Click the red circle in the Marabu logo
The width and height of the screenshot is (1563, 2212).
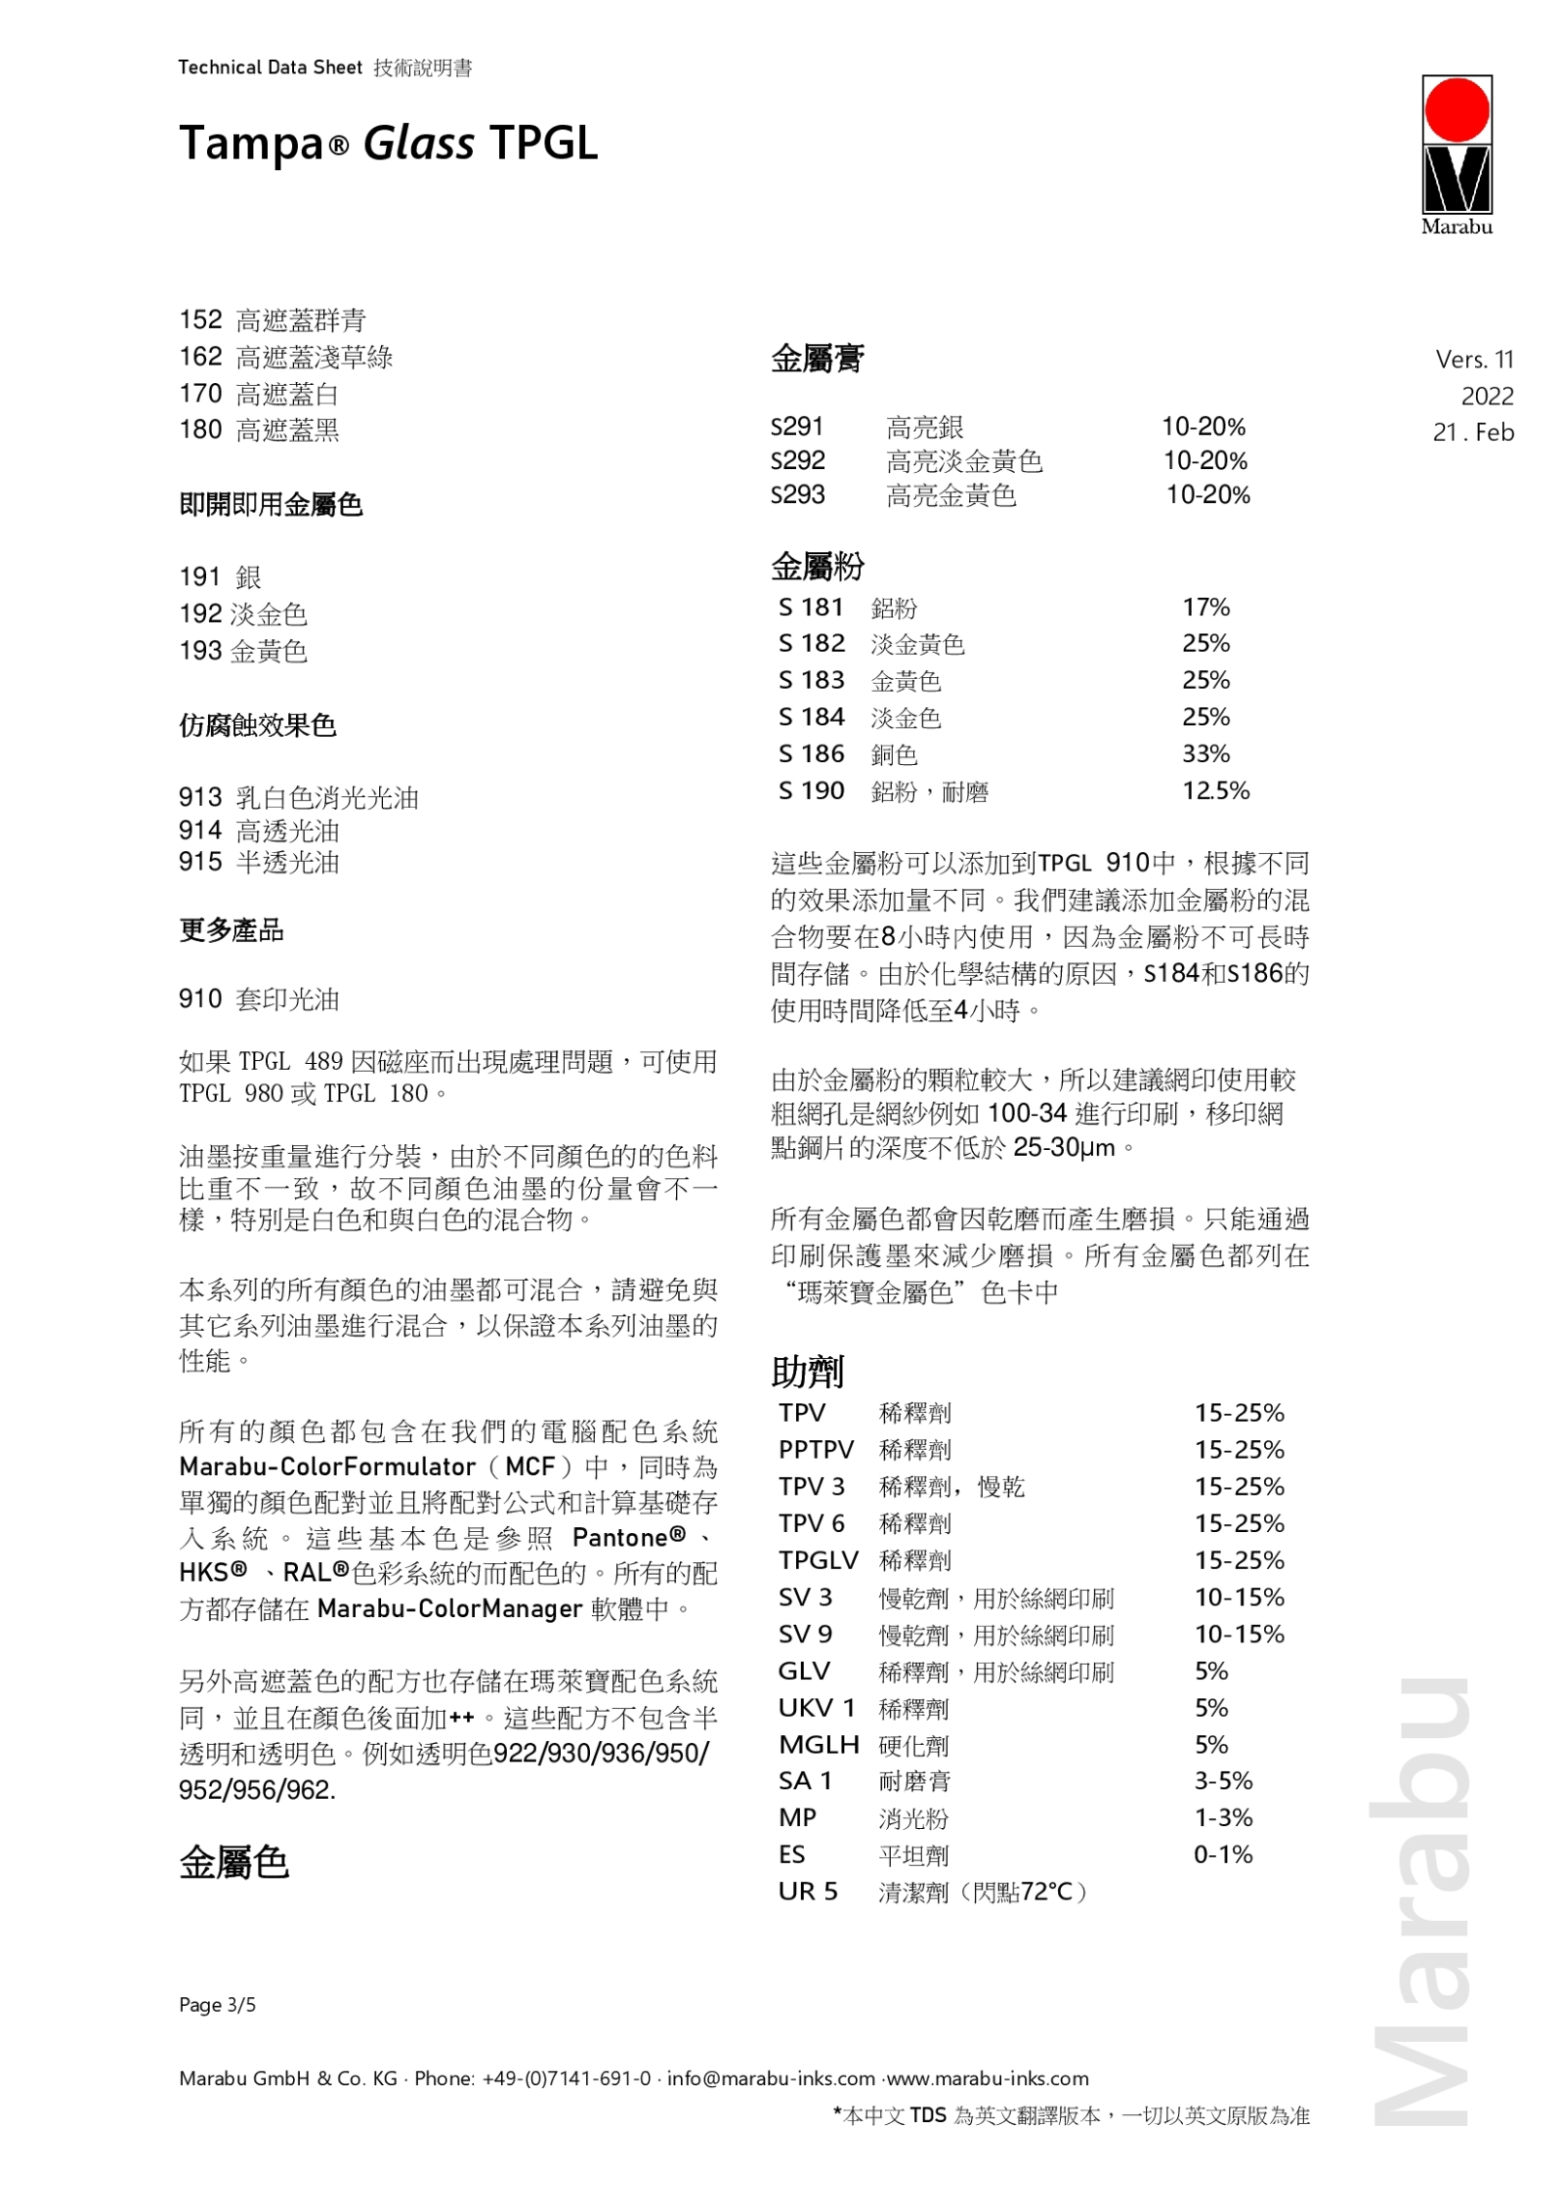tap(1457, 109)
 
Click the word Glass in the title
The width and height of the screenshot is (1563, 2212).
tap(418, 144)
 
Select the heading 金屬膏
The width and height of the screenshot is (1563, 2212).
tap(817, 360)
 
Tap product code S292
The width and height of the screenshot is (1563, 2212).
tap(797, 460)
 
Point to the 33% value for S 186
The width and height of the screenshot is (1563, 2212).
tap(1205, 753)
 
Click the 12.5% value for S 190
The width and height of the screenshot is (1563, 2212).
tap(1215, 790)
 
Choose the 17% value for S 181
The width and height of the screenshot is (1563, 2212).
tap(1205, 607)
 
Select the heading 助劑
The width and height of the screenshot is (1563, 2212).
tap(807, 1372)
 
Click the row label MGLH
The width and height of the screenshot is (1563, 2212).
tap(819, 1744)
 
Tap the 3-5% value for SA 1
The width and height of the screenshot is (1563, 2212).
tap(1223, 1780)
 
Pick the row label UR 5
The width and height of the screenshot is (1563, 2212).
tap(808, 1892)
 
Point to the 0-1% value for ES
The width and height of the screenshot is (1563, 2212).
tap(1223, 1854)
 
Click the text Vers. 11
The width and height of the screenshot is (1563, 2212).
tap(1474, 360)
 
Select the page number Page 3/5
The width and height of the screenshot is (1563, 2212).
tap(217, 2005)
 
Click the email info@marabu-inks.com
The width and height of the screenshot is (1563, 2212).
tap(771, 2078)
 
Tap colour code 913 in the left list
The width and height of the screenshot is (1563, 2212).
tap(199, 797)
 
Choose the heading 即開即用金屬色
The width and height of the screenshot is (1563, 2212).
tap(271, 504)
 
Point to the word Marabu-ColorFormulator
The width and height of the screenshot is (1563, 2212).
tap(326, 1467)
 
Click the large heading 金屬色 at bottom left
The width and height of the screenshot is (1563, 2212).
tap(233, 1863)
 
